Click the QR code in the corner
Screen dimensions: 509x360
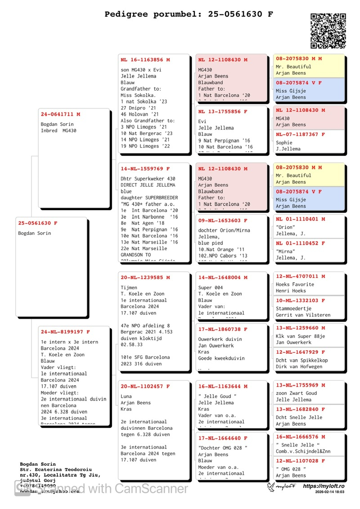click(328, 31)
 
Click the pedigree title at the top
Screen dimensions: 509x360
click(189, 14)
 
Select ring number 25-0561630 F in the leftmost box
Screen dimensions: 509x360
click(38, 223)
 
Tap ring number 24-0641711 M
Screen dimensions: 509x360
click(60, 114)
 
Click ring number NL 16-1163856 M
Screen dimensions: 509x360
click(145, 59)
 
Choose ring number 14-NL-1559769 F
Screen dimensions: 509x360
click(145, 169)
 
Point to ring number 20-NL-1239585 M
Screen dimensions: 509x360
click(145, 278)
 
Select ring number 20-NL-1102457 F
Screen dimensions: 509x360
click(145, 386)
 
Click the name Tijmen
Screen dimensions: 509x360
click(129, 288)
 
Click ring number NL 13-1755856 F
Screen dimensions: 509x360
click(223, 112)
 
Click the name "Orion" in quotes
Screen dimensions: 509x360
click(286, 227)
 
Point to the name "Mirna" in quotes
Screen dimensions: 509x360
click(286, 252)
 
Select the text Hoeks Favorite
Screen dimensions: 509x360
click(295, 284)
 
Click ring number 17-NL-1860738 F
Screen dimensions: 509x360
click(223, 329)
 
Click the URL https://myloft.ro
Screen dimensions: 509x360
click(324, 486)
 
